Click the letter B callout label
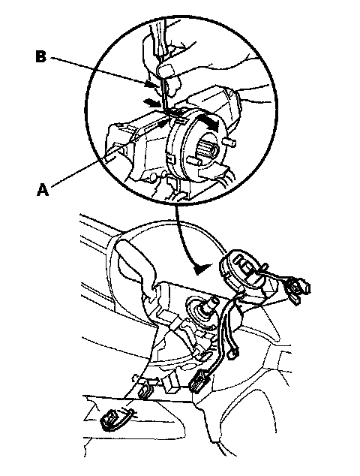(x=41, y=57)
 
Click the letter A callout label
(x=43, y=190)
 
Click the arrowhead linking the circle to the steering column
(x=202, y=269)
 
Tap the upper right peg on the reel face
(x=231, y=141)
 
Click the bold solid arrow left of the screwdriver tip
(x=152, y=103)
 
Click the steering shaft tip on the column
(x=211, y=302)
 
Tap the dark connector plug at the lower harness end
(x=199, y=382)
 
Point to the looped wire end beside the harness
(x=233, y=354)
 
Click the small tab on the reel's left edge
(x=170, y=158)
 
